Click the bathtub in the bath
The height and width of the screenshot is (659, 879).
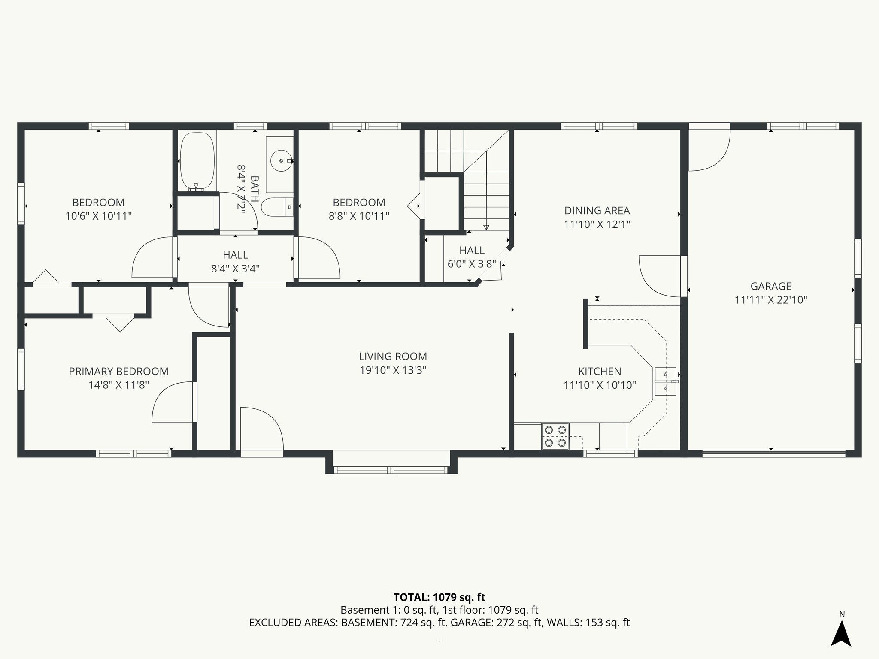[x=197, y=161]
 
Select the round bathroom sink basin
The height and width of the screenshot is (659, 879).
[x=281, y=161]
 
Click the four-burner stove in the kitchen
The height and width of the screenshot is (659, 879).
[x=555, y=436]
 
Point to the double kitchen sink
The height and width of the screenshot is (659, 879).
[x=665, y=381]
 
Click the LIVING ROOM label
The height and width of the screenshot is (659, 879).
[x=393, y=356]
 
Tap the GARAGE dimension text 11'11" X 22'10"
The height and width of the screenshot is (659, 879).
[x=771, y=300]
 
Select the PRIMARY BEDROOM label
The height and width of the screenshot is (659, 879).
[x=118, y=371]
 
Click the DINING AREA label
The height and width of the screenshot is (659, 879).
[x=597, y=211]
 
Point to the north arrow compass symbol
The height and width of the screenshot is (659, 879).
[x=841, y=633]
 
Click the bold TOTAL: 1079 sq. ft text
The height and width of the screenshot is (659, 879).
[x=439, y=597]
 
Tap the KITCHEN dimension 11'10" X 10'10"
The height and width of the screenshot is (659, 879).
[x=599, y=385]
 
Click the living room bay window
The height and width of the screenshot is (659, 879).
[x=391, y=470]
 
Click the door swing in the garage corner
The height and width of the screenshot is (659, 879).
[x=708, y=148]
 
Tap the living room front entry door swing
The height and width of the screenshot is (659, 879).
[x=260, y=429]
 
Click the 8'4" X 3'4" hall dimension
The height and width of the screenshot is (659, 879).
[x=235, y=269]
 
